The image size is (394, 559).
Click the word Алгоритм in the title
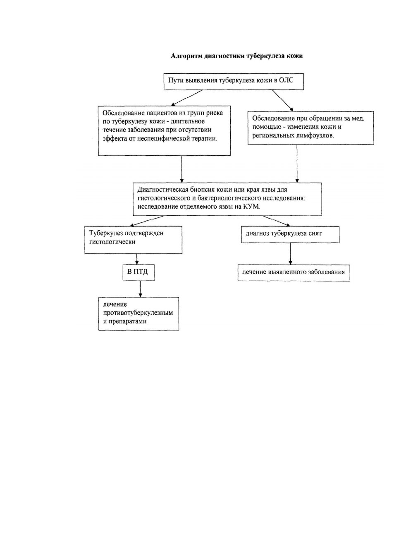[x=186, y=56]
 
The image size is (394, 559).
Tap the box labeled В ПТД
[x=138, y=273]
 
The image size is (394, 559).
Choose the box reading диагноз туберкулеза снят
[x=290, y=235]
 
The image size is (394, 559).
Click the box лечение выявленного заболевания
[x=294, y=273]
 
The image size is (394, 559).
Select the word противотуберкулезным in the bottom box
[x=138, y=313]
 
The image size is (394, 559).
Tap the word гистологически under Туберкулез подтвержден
[x=112, y=242]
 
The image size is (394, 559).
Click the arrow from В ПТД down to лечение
[x=140, y=289]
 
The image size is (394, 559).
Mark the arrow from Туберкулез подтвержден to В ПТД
[x=137, y=259]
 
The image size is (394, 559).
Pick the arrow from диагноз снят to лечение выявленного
[x=290, y=254]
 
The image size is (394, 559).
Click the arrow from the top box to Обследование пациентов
[x=186, y=98]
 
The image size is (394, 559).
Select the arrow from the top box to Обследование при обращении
[x=283, y=100]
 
